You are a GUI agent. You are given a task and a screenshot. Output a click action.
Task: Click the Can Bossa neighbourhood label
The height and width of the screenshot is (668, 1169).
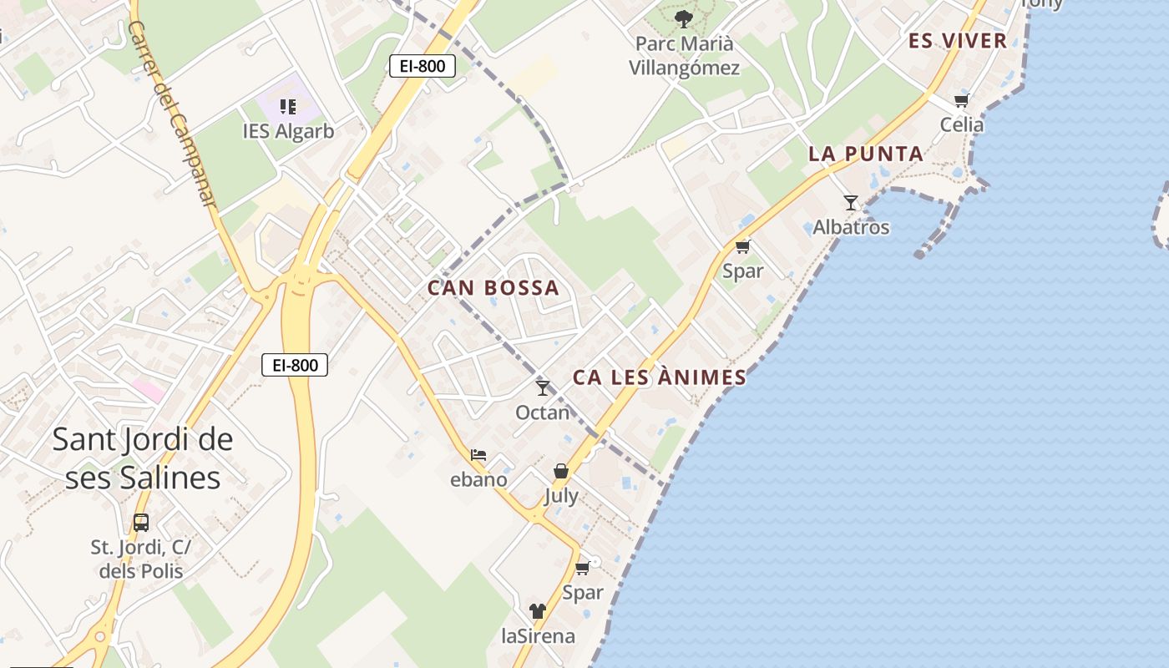click(x=493, y=288)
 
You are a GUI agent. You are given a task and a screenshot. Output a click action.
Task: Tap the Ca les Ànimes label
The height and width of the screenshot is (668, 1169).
click(x=659, y=377)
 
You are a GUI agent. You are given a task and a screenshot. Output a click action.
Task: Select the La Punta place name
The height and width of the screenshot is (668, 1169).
click(x=866, y=154)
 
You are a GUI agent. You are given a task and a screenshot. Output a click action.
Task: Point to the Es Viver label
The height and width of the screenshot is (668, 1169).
click(x=958, y=41)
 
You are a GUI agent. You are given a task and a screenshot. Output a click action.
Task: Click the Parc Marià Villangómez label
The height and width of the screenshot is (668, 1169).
click(x=684, y=55)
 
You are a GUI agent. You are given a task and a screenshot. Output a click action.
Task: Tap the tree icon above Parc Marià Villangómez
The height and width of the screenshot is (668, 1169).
click(x=684, y=18)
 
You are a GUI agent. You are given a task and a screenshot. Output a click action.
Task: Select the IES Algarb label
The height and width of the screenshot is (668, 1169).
click(x=288, y=131)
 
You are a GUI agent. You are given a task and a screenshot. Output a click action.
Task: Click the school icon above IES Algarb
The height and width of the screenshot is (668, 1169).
click(x=288, y=106)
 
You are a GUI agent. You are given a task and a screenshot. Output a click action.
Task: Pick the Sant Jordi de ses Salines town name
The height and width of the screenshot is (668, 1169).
click(x=143, y=458)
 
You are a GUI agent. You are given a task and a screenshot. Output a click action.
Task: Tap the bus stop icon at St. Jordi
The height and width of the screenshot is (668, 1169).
click(x=141, y=523)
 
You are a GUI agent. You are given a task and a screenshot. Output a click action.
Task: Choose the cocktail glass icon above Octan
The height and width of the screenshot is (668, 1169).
click(x=543, y=387)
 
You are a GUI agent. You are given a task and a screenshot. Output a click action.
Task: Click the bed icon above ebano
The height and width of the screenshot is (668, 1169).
click(x=478, y=455)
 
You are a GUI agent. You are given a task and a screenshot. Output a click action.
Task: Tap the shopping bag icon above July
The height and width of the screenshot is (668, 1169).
click(x=561, y=471)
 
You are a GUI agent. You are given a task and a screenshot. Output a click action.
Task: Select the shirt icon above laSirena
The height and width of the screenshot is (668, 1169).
click(x=538, y=611)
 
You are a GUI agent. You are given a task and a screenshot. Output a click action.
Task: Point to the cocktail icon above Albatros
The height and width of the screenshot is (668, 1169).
click(x=851, y=202)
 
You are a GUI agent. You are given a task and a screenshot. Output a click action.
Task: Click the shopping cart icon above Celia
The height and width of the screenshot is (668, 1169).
click(x=962, y=101)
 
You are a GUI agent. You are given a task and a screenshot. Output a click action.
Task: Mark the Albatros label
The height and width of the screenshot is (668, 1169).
click(x=851, y=227)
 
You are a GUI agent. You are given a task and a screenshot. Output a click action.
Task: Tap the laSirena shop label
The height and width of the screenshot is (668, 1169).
click(x=538, y=636)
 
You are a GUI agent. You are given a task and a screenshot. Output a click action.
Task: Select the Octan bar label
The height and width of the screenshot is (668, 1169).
click(x=543, y=412)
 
